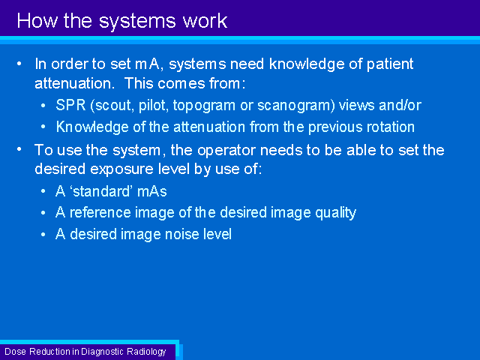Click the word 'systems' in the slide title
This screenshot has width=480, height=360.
click(137, 22)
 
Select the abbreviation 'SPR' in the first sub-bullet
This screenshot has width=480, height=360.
click(70, 105)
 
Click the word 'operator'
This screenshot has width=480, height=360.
click(226, 150)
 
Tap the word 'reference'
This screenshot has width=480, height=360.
click(100, 212)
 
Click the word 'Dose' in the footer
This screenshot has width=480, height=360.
click(15, 352)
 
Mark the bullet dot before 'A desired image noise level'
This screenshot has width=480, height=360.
click(43, 235)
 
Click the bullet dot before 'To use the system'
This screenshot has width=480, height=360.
click(19, 149)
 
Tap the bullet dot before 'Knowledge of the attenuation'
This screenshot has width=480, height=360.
click(43, 127)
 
